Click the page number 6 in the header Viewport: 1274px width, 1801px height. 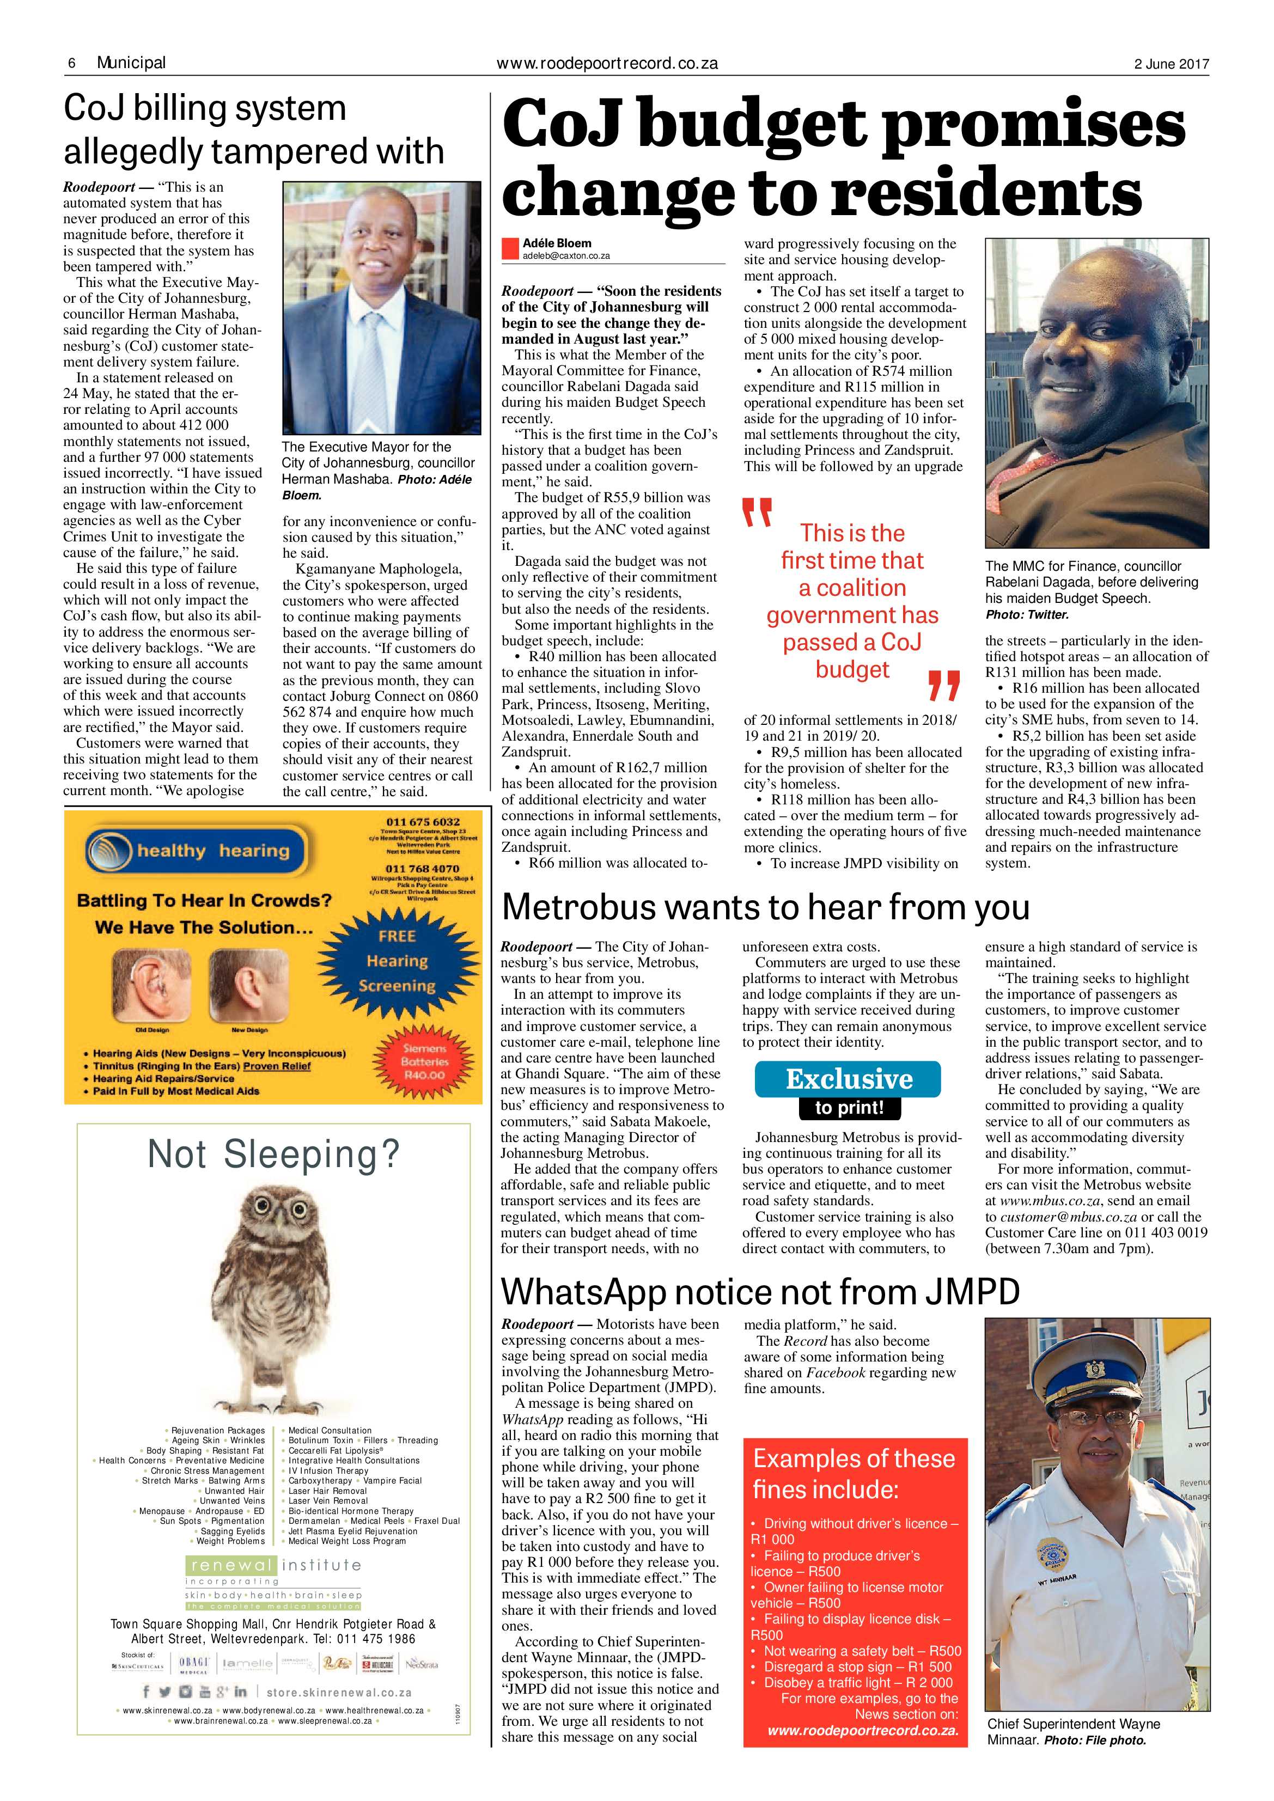[x=71, y=63]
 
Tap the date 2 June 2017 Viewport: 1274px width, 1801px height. [x=1171, y=64]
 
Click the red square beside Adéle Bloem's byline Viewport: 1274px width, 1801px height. [x=510, y=249]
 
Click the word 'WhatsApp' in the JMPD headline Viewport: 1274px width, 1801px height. [x=582, y=1291]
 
